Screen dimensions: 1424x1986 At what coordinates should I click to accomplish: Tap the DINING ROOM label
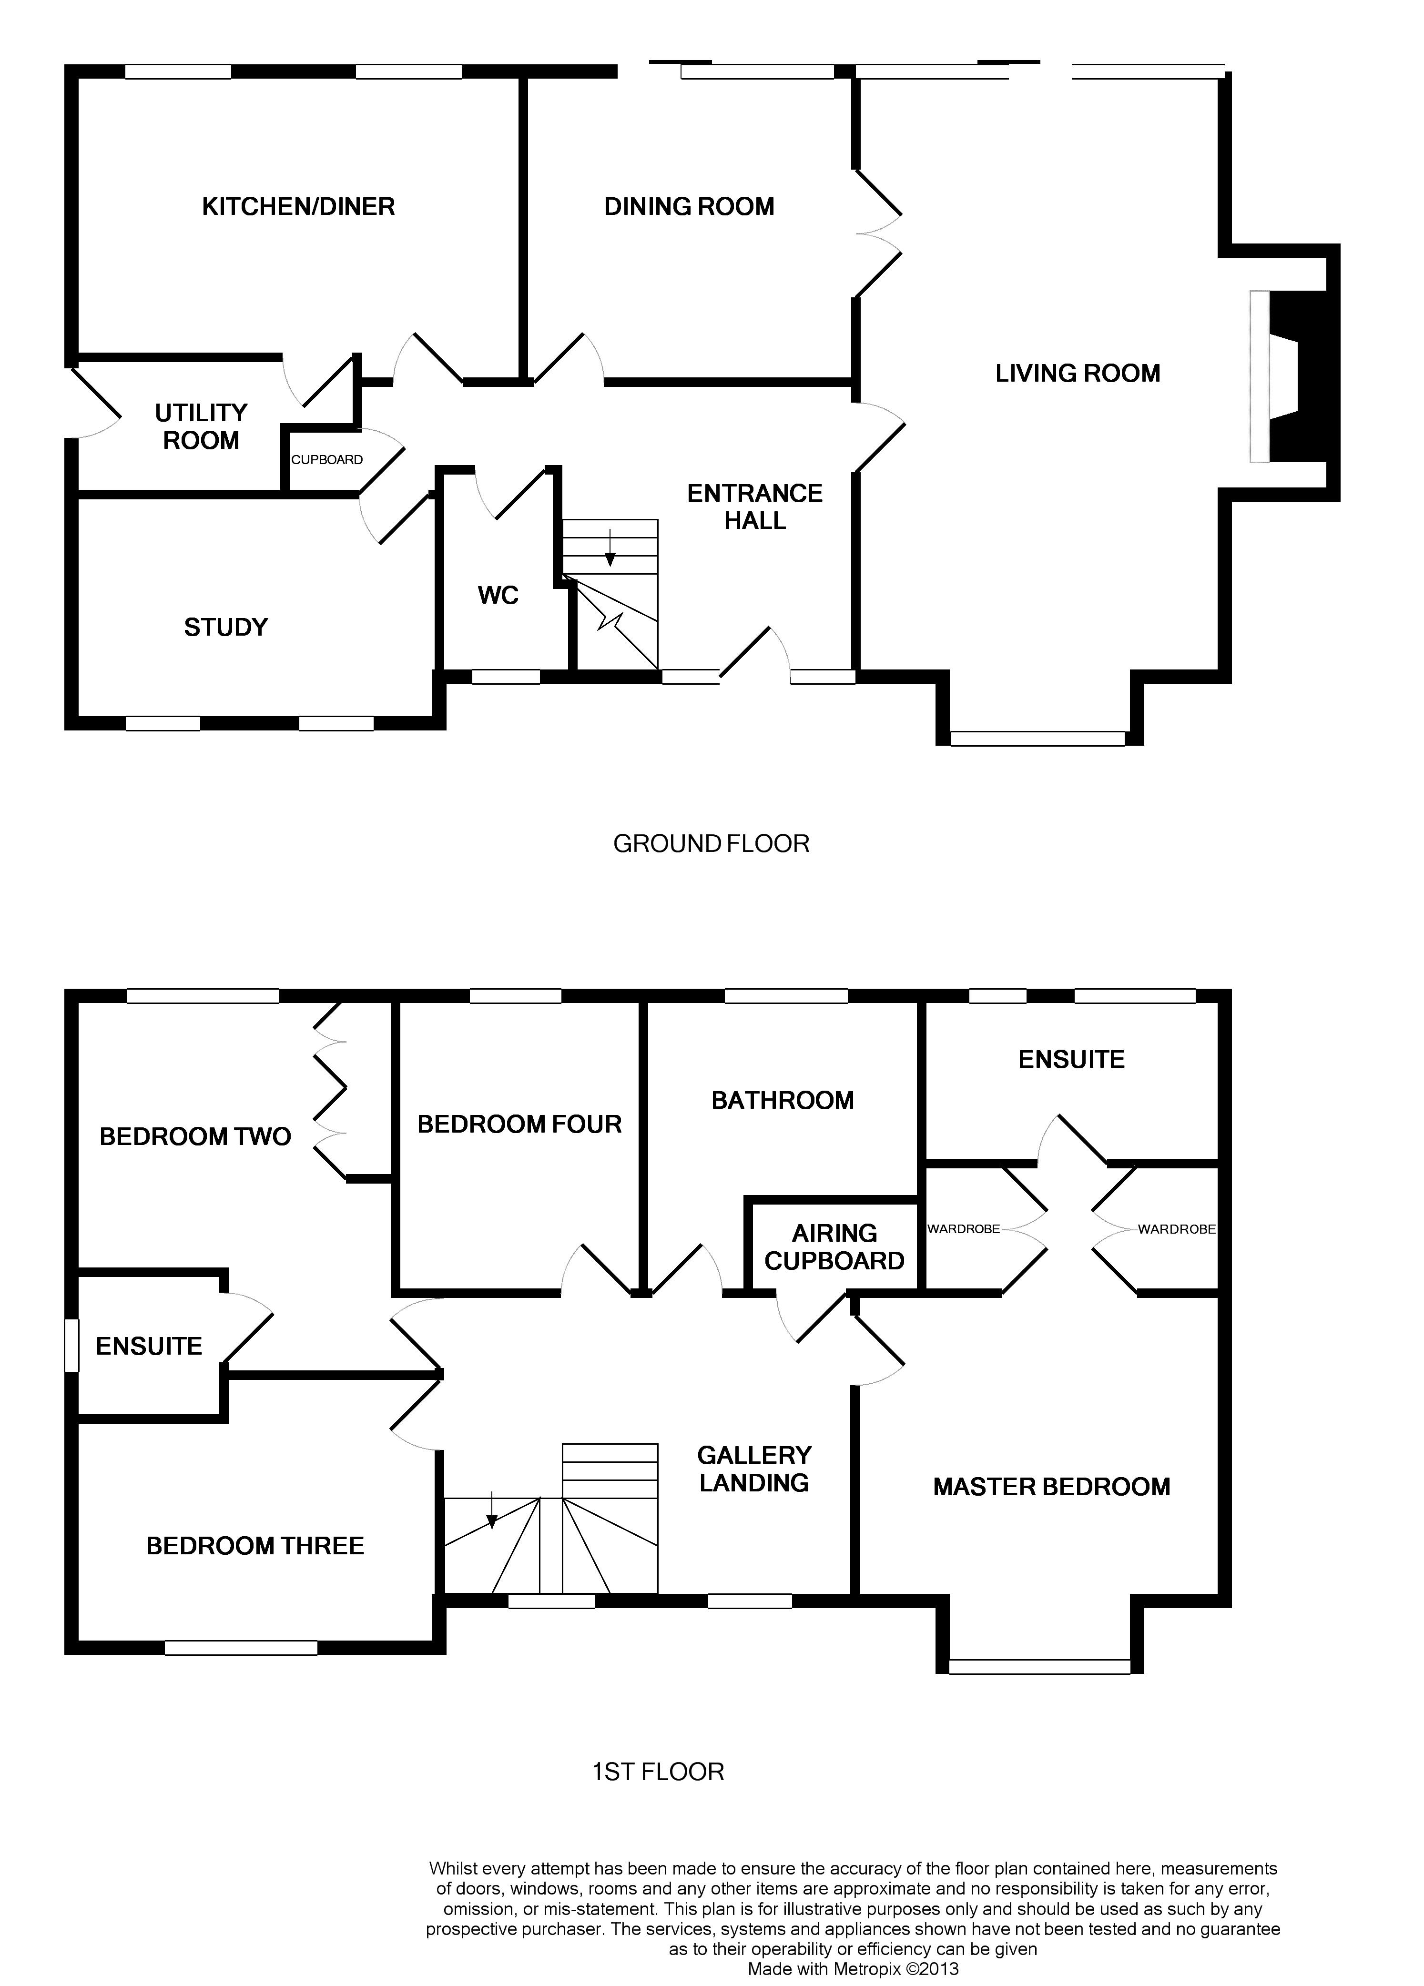click(689, 207)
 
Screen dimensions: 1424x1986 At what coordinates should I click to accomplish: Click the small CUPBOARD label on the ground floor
click(326, 460)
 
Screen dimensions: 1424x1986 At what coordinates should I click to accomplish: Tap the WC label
click(498, 596)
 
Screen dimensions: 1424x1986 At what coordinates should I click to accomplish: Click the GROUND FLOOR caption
click(711, 843)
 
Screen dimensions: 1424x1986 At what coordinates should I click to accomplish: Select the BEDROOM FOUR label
click(519, 1125)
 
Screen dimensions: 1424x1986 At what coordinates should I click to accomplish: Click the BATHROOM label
click(782, 1101)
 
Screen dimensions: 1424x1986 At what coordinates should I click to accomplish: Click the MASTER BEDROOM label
click(1051, 1487)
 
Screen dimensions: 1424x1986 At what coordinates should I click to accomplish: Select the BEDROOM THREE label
click(255, 1546)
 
